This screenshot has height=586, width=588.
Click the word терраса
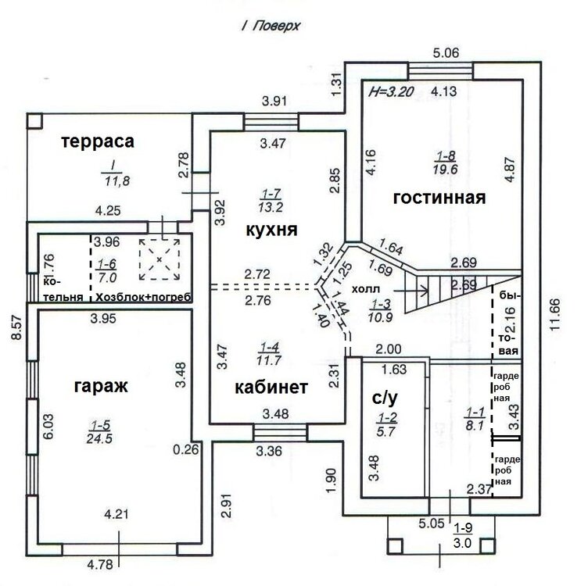pos(99,141)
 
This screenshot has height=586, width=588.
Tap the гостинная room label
pos(439,197)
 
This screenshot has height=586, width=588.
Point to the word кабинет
pos(271,386)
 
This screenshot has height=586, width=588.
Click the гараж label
pos(101,385)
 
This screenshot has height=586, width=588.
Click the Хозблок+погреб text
pos(142,297)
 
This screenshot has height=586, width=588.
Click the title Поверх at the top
pos(281,25)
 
